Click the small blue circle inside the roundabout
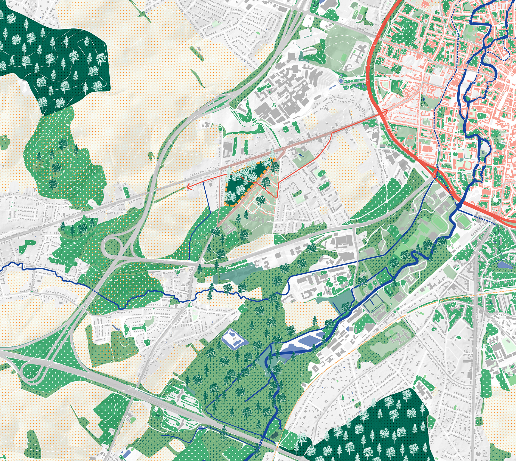pos(341,81)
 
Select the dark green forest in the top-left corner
pos(52,52)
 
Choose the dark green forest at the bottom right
pos(374,428)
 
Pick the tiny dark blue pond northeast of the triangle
pos(301,155)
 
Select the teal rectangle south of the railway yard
pos(233,275)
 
